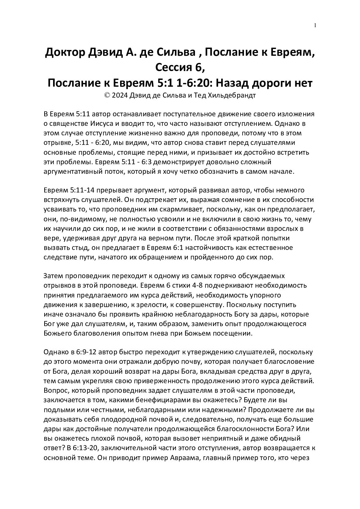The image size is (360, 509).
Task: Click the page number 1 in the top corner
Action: click(x=315, y=25)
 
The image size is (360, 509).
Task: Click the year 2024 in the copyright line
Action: click(x=119, y=96)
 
